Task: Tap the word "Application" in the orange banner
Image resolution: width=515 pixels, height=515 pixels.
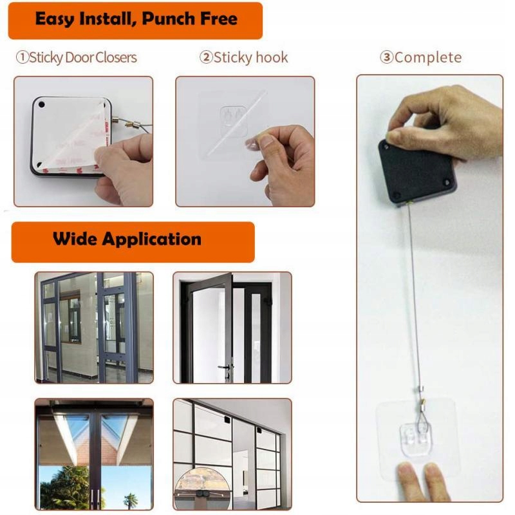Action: pos(152,239)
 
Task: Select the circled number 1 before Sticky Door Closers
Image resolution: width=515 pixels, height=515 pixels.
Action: pos(23,57)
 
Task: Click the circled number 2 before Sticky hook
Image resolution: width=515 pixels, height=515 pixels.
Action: pos(206,57)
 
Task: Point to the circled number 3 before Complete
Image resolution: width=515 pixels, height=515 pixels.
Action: pos(387,57)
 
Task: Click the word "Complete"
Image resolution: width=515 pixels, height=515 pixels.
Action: pos(428,58)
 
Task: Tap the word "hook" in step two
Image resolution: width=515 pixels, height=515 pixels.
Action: pos(272,57)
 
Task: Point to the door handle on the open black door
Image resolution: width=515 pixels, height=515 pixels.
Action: pos(225,368)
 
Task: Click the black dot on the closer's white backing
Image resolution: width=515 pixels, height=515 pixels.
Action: pos(41,105)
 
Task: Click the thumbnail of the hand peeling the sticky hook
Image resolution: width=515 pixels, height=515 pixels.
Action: pos(245,142)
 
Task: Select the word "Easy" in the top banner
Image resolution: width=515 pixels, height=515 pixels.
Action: pos(55,19)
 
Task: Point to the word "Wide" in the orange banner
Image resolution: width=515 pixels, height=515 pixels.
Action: pos(76,239)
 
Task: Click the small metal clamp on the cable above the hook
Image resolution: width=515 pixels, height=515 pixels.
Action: pos(422,390)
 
